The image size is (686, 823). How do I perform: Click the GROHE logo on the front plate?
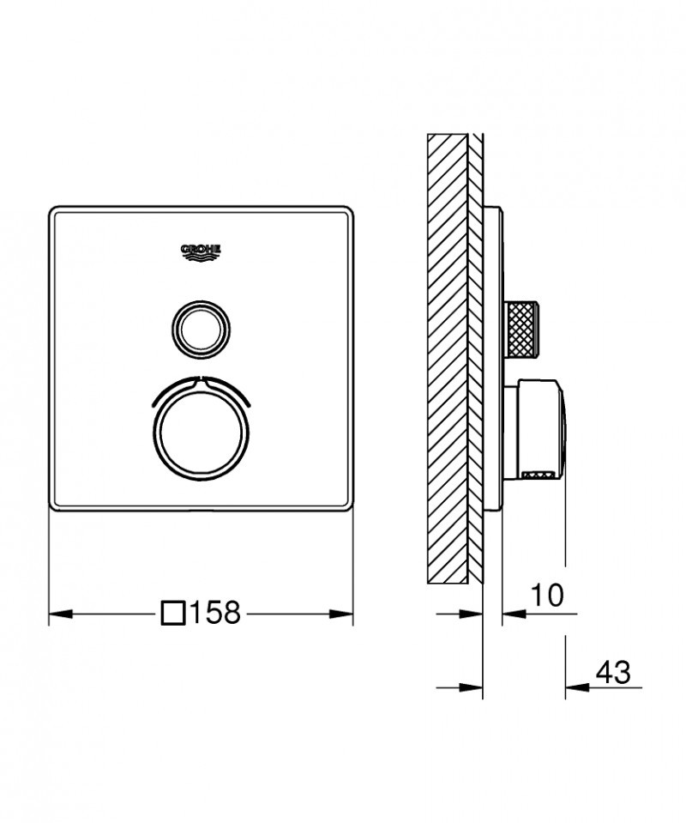(x=202, y=251)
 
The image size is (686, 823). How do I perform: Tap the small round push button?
(x=202, y=327)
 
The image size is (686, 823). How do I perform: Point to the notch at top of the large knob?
(x=202, y=378)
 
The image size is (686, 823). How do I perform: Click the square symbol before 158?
(x=173, y=614)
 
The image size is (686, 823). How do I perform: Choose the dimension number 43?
(x=612, y=670)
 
